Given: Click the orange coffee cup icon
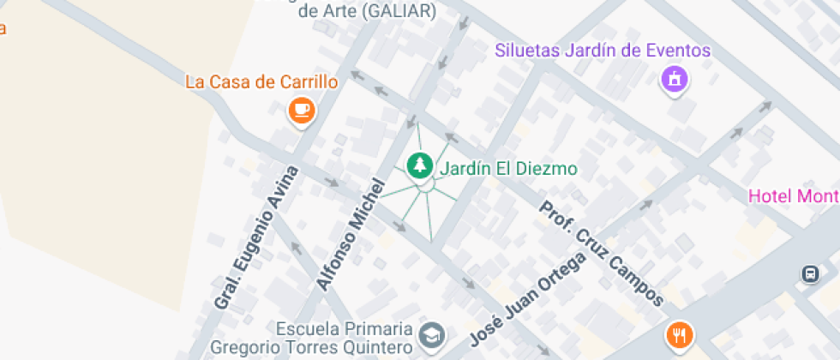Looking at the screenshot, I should pos(301,110).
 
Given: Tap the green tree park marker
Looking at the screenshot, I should pos(419,164).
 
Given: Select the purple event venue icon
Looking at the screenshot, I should pos(675,80).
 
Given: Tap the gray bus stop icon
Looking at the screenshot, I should pos(808,273).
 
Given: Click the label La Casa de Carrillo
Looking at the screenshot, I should pos(262,82).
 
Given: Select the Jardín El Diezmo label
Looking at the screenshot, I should pos(508,168).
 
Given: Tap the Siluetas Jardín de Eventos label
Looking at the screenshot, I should pos(603,51).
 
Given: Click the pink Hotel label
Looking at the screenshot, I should pos(794,196).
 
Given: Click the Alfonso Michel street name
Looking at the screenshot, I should pos(352,233).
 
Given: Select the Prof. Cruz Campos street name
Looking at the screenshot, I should pos(601,254).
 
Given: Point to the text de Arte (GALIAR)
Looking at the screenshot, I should pos(368,11).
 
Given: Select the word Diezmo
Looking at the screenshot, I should pos(548,168).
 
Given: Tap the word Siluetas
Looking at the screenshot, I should pos(527,51).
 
